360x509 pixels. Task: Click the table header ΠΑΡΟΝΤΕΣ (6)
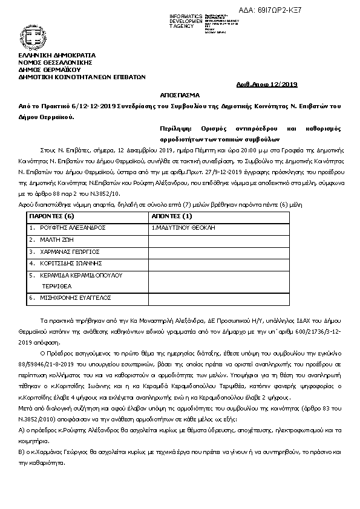click(52, 215)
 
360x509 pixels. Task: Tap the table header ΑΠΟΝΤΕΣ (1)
click(171, 215)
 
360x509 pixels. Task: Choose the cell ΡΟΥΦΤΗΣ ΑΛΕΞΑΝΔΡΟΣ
click(73, 227)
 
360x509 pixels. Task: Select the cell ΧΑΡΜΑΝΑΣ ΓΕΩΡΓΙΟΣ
click(69, 251)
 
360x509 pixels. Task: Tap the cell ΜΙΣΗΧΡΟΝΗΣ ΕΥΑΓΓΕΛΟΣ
click(73, 298)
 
